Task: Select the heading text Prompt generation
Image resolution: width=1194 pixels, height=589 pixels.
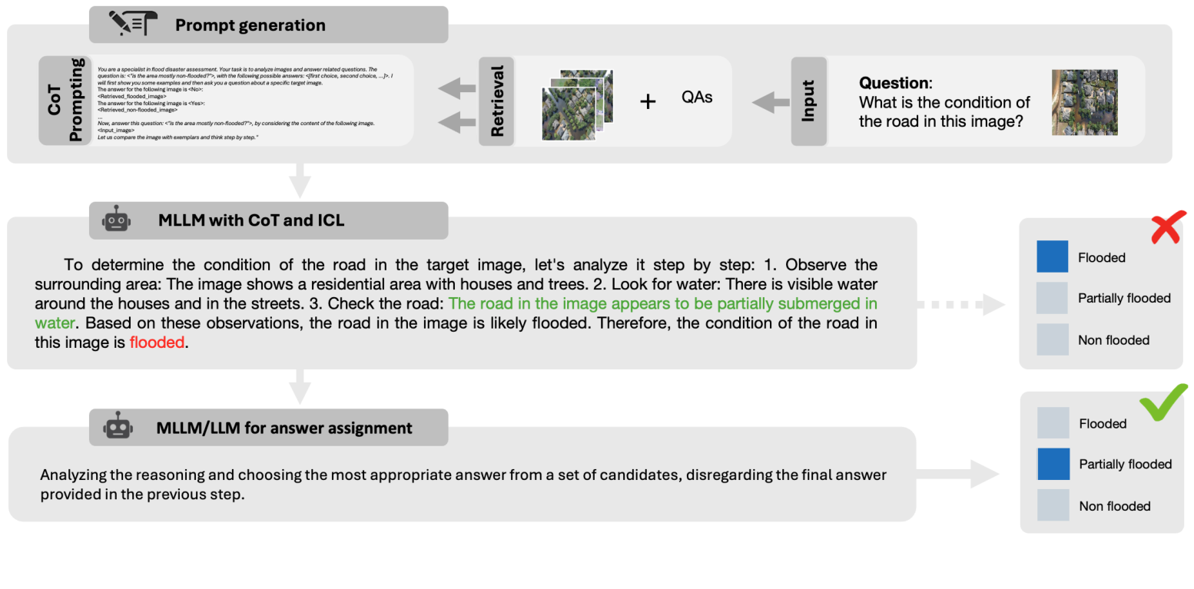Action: point(250,25)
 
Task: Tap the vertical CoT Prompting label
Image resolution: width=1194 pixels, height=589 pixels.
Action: point(65,100)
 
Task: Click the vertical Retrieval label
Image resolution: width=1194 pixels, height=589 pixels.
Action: point(496,101)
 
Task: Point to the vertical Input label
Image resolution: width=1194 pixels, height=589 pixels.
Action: point(808,101)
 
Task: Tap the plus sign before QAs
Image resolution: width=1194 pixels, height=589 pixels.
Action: point(648,101)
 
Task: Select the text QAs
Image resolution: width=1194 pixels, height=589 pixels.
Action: point(696,97)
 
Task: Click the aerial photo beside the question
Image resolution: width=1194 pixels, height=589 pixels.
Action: point(1084,102)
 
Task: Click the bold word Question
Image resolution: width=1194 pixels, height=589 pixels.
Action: point(894,83)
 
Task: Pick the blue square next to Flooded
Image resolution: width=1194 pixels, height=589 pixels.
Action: point(1052,256)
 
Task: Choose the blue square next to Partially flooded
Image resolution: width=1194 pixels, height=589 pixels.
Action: point(1053,465)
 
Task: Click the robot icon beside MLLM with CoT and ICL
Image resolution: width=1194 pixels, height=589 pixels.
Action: point(116,220)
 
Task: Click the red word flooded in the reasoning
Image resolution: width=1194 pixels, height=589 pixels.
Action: point(157,342)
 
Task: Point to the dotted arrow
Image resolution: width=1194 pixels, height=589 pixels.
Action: point(960,305)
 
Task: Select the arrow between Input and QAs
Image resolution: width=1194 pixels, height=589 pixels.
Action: point(770,101)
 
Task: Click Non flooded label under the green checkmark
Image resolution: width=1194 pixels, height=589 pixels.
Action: point(1114,506)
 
